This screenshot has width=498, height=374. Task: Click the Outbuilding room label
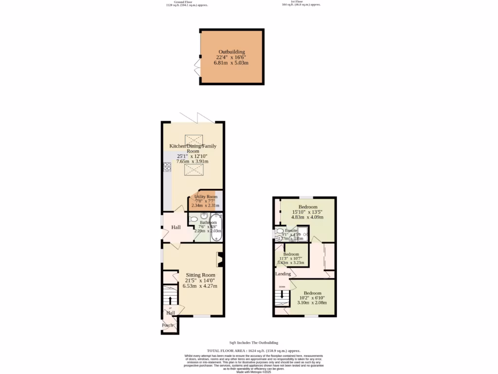point(231,52)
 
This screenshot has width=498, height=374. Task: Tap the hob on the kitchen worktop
point(167,167)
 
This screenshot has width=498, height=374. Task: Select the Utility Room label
point(206,197)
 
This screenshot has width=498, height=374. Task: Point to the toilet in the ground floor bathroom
point(193,220)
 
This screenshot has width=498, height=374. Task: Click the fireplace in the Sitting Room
point(220,260)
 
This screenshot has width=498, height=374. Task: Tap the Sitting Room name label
point(200,275)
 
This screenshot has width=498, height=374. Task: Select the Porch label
point(168,325)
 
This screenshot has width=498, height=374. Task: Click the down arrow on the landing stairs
point(282,295)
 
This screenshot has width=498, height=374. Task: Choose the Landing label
point(283,274)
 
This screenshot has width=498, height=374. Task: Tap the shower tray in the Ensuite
point(302,234)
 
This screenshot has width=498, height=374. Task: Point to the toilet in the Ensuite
point(279,232)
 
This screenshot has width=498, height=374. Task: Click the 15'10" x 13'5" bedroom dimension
point(307,212)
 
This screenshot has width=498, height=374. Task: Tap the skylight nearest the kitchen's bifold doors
point(193,140)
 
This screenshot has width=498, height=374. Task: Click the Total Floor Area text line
point(253,351)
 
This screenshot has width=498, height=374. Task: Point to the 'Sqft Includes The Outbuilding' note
point(253,343)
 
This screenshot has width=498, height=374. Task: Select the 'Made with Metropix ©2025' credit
point(253,372)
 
